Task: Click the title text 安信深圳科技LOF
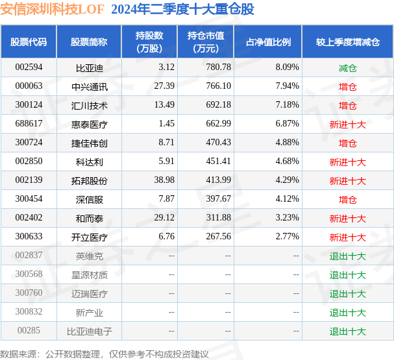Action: click(x=53, y=9)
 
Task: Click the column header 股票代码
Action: click(x=29, y=42)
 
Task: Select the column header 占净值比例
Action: click(x=268, y=42)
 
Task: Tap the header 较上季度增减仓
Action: click(x=347, y=42)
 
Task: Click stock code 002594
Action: click(x=29, y=67)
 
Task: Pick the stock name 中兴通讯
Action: click(x=90, y=86)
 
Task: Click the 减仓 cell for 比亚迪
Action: click(x=347, y=67)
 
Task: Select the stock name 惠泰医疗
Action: click(x=90, y=124)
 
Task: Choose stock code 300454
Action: click(x=29, y=199)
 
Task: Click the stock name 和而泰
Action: click(x=90, y=218)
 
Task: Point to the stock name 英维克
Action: click(x=90, y=256)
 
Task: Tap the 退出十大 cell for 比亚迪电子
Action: click(x=347, y=331)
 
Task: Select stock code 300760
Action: click(x=29, y=293)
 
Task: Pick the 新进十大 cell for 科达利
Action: click(x=347, y=162)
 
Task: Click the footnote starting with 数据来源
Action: click(x=104, y=354)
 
